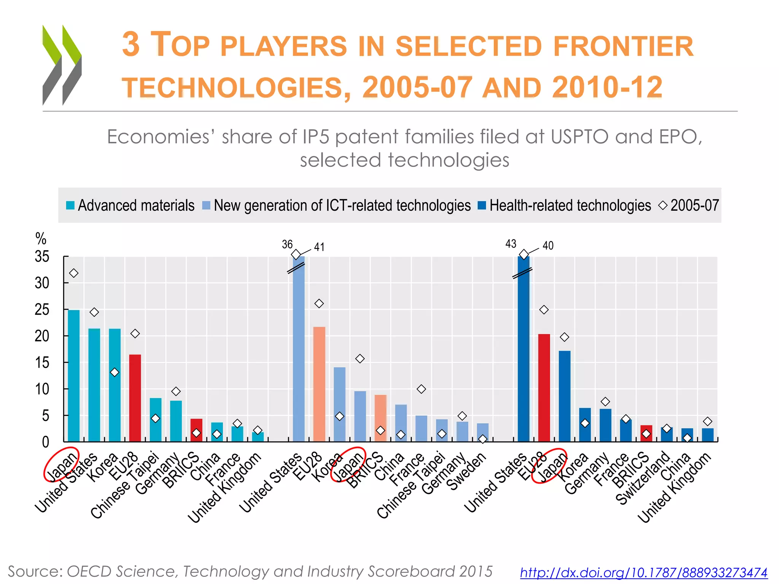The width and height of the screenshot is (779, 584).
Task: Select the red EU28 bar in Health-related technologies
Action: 544,388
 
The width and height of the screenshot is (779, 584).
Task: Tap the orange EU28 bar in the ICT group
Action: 319,384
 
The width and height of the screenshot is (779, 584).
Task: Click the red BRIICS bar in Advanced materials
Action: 196,430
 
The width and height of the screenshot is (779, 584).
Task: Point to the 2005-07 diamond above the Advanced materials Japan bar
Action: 74,273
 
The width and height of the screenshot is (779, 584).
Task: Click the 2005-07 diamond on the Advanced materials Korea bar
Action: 114,373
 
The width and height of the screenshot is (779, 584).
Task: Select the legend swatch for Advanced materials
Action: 70,206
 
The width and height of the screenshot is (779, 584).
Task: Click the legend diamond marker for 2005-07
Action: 663,205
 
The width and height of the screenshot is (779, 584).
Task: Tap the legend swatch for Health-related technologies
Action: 482,206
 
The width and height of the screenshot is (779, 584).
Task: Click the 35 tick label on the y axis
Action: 42,257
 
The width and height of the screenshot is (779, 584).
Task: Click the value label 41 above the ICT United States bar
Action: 319,247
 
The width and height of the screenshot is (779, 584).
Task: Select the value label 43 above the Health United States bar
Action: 510,244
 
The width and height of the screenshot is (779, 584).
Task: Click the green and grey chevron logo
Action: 62,65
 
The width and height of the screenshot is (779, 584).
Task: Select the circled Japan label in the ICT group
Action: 348,465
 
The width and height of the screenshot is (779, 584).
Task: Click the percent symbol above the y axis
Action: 41,239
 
